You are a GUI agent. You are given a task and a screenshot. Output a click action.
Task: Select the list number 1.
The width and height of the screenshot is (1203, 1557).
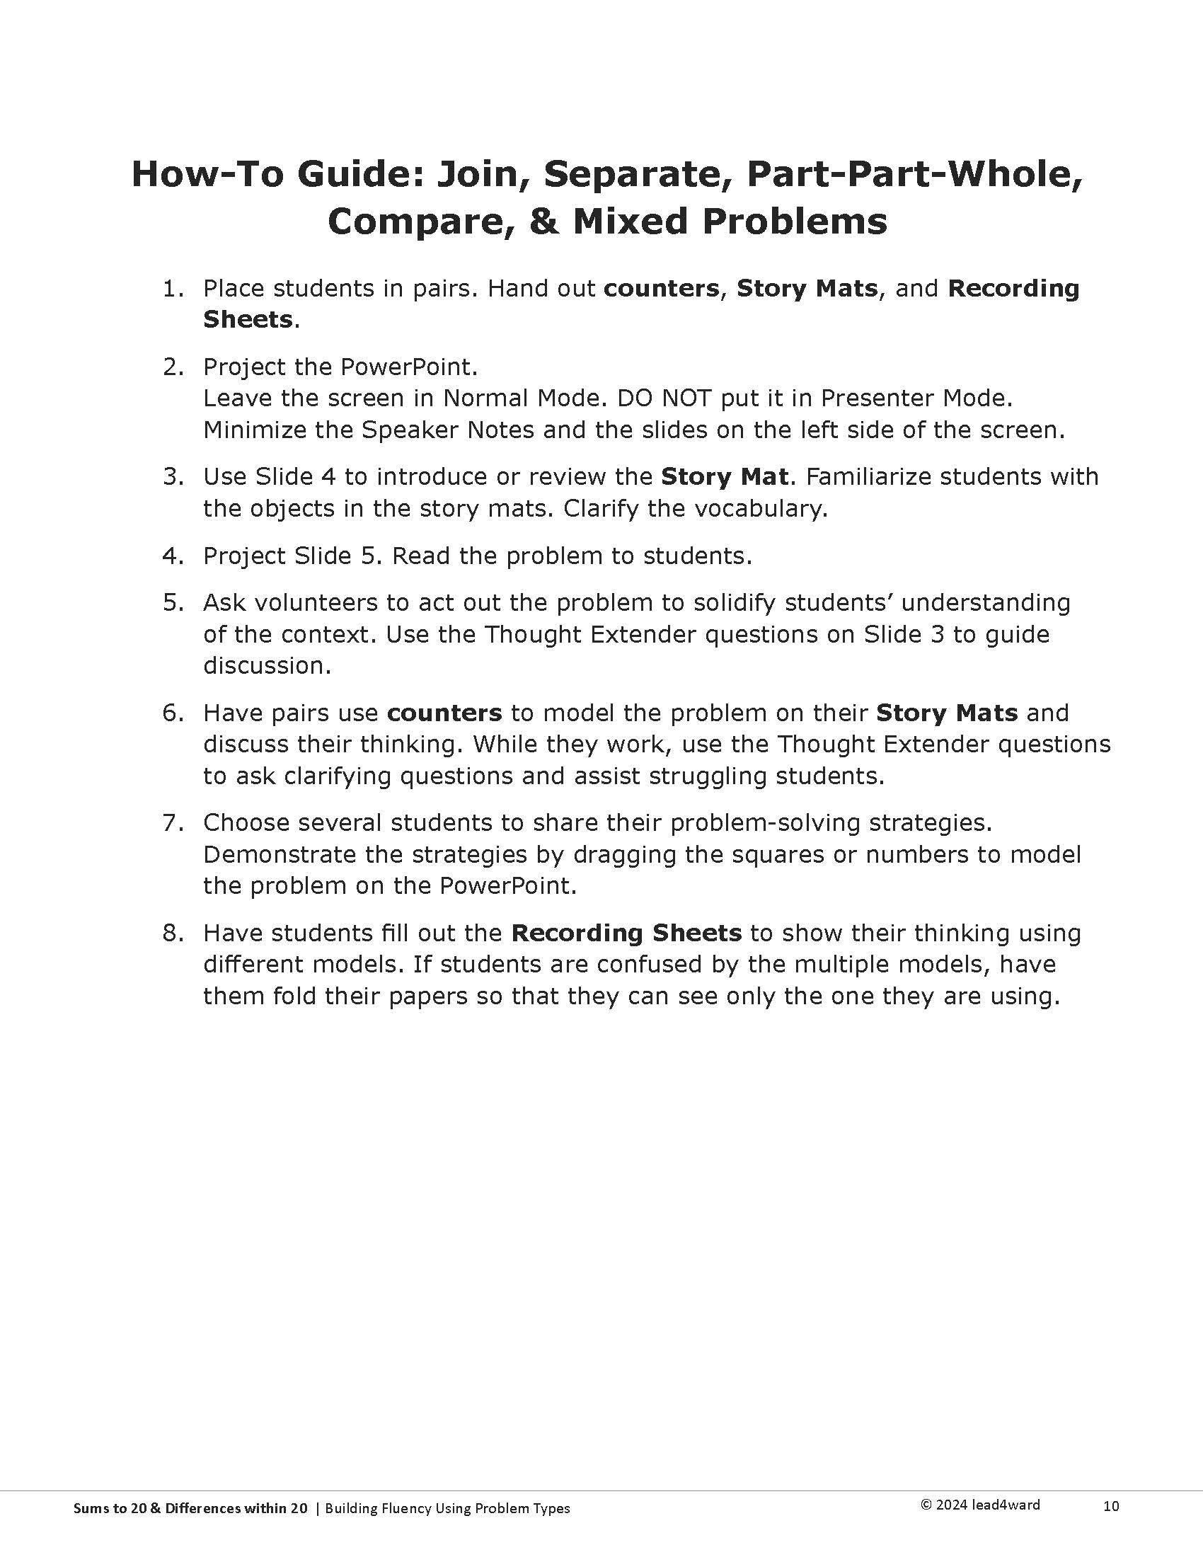[x=172, y=289]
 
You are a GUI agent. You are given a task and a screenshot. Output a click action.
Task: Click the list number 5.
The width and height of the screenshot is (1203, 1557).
[x=172, y=602]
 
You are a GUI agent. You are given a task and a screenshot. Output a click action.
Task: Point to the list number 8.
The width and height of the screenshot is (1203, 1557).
[x=172, y=933]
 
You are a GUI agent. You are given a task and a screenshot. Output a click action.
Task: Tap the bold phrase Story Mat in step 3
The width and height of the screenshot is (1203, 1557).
[x=724, y=476]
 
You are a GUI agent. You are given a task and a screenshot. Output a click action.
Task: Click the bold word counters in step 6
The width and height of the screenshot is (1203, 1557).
[x=444, y=713]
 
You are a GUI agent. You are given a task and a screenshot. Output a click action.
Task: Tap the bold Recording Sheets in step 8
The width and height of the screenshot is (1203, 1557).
[x=626, y=933]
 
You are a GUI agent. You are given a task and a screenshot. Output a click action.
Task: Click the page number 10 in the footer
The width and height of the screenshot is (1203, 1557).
[x=1110, y=1506]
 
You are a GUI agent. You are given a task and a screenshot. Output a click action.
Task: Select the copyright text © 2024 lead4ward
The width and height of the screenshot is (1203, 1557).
[x=980, y=1505]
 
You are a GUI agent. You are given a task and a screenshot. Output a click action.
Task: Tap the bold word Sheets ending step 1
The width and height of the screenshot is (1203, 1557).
[x=247, y=319]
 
